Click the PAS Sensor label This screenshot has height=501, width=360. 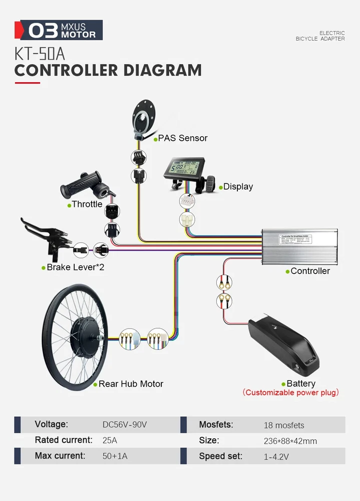(x=183, y=138)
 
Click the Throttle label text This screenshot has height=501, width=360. (x=87, y=204)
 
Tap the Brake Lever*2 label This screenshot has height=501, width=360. (x=76, y=268)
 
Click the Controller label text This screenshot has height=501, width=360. (x=310, y=271)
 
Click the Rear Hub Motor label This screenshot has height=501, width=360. (x=131, y=384)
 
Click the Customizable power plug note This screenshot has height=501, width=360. (x=291, y=393)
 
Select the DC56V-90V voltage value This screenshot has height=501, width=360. (x=125, y=425)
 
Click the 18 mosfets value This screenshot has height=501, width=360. (x=284, y=425)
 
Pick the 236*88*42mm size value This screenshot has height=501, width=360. (x=290, y=441)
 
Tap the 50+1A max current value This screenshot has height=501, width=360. (x=115, y=456)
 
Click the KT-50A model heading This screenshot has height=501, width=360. (x=40, y=54)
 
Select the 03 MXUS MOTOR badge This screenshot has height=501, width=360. (x=62, y=30)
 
